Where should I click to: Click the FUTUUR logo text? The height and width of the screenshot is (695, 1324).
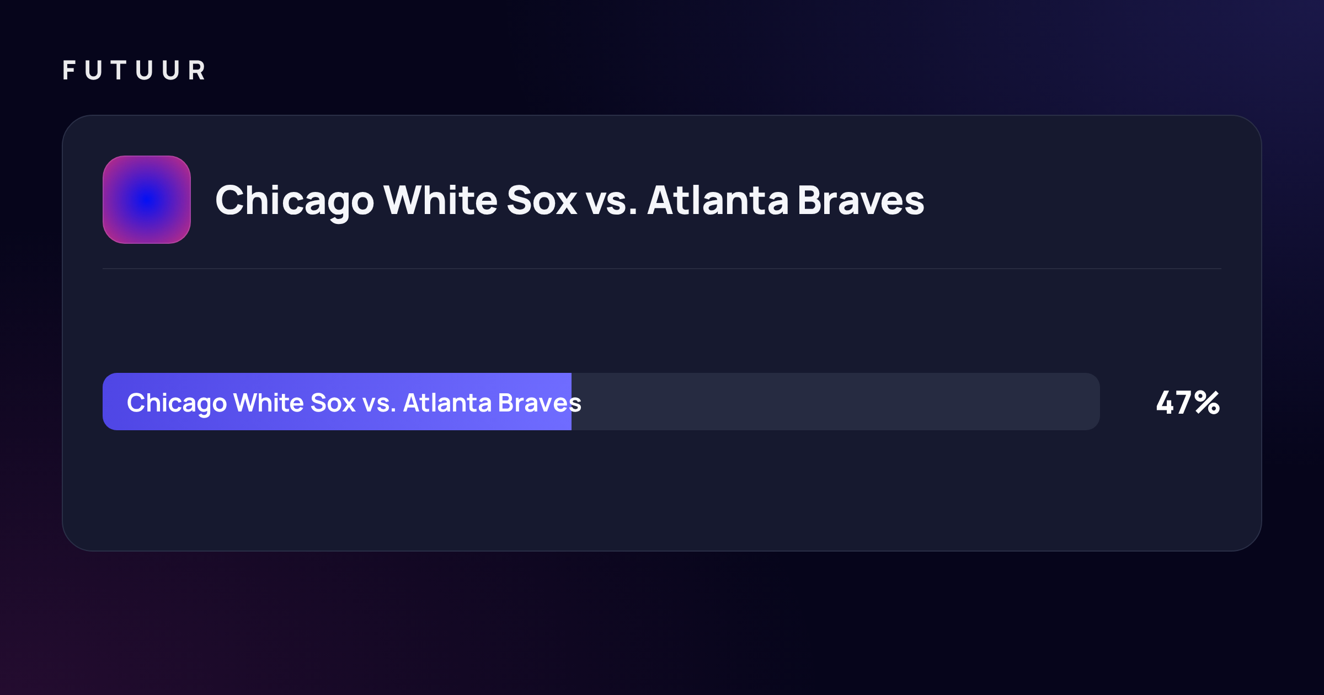click(134, 71)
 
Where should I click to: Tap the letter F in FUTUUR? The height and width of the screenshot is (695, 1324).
click(70, 71)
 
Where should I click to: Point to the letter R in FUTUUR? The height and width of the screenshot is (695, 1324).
click(197, 71)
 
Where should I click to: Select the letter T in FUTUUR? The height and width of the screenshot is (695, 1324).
click(119, 71)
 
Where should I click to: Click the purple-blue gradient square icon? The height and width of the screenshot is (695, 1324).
click(147, 200)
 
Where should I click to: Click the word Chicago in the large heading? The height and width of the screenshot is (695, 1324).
click(295, 201)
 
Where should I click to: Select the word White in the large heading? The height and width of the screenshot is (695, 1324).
click(441, 200)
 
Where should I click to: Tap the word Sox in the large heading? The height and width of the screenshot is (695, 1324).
click(542, 200)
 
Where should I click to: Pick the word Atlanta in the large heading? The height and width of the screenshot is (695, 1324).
click(718, 200)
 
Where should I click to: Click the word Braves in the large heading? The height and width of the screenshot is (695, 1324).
click(861, 200)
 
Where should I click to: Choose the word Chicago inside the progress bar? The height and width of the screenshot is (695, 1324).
click(177, 404)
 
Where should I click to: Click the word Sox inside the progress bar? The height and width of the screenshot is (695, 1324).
click(333, 403)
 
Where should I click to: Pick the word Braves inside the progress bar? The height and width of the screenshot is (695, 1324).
click(540, 403)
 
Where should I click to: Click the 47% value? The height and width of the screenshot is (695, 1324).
click(1188, 403)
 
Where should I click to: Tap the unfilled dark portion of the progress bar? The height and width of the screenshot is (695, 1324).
click(836, 402)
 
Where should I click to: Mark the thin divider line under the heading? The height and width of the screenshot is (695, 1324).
click(662, 269)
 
